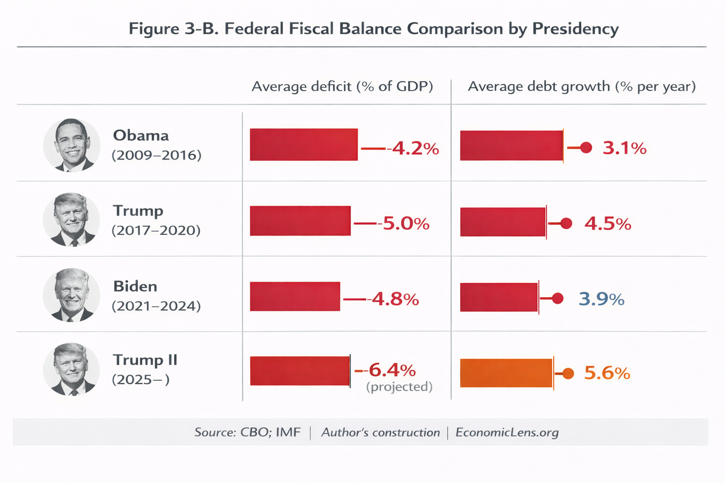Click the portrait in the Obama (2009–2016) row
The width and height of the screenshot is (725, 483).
72,145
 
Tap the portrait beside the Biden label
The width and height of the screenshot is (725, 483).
72,295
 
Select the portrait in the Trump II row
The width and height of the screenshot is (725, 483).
72,369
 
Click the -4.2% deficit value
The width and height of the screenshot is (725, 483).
414,149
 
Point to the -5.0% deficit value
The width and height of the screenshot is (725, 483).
405,223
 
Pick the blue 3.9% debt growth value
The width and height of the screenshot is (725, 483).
601,299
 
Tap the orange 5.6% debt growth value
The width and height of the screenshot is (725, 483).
607,373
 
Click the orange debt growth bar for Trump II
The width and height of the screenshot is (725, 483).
506,373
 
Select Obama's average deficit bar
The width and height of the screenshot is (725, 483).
303,144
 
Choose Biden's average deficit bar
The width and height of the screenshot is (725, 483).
295,296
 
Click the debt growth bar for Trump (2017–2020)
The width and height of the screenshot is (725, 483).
503,222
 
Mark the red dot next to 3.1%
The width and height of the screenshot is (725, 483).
586,148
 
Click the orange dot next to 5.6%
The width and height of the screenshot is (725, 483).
568,374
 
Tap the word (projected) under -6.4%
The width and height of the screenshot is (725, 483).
399,387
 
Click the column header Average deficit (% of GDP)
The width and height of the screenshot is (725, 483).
342,86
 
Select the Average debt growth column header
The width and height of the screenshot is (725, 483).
582,86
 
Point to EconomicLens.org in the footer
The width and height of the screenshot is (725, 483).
507,433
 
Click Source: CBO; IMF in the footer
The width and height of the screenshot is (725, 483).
247,433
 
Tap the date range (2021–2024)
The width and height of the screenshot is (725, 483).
156,306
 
